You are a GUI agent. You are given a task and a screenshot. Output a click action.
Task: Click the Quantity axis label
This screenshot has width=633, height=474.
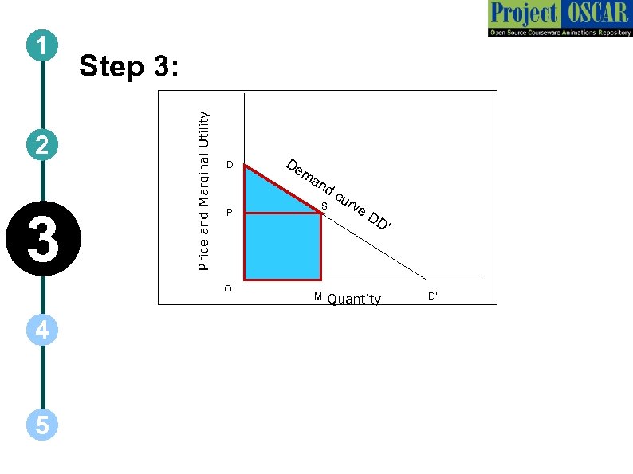[x=354, y=300]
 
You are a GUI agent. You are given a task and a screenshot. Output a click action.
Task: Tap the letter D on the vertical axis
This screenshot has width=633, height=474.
[x=229, y=166]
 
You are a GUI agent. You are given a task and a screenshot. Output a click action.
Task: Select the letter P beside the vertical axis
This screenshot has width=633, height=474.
[x=229, y=213]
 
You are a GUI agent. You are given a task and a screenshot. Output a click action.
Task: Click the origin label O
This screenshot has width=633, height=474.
[x=228, y=288]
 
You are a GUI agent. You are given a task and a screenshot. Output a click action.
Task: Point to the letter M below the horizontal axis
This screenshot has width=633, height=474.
[x=317, y=296]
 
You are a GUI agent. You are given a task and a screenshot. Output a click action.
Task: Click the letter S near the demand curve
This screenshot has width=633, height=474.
[x=324, y=207]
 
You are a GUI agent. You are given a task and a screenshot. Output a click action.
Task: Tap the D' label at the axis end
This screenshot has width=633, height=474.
[x=432, y=296]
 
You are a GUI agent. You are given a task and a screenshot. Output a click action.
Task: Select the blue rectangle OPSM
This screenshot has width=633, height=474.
[x=282, y=246]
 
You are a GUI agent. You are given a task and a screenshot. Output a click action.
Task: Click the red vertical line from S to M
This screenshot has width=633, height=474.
[x=320, y=247]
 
